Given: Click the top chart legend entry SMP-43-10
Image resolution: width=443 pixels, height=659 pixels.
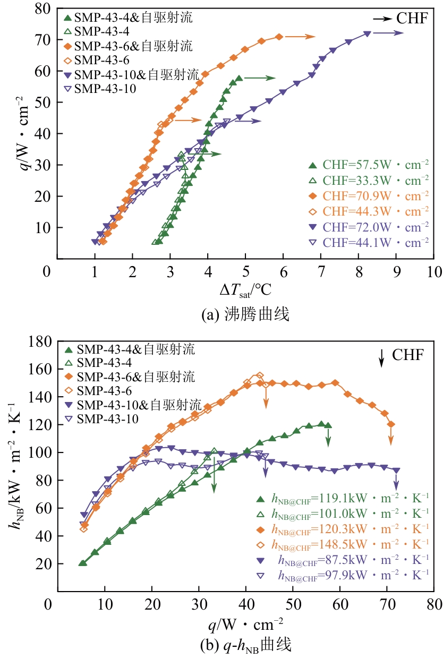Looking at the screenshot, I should (105, 89).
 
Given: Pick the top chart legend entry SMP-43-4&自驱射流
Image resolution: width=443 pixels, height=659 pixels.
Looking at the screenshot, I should (133, 18).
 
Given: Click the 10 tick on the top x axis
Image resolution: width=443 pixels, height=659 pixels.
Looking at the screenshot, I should (433, 272).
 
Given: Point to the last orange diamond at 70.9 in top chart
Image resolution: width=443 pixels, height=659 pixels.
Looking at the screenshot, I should (279, 37).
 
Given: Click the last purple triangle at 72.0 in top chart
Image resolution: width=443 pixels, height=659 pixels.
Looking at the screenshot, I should (367, 33).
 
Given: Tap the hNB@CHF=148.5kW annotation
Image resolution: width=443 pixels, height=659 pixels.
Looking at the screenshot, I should (351, 544).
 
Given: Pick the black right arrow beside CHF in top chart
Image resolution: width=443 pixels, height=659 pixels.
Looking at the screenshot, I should (381, 19).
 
